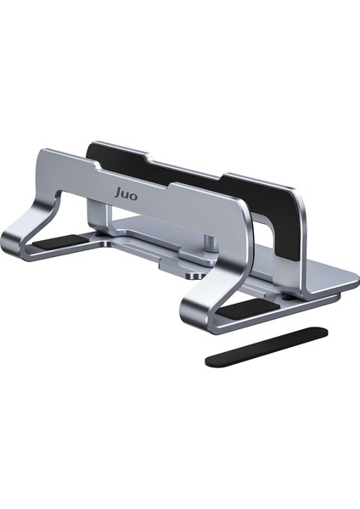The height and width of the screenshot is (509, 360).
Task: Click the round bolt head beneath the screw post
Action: click(x=195, y=274)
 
